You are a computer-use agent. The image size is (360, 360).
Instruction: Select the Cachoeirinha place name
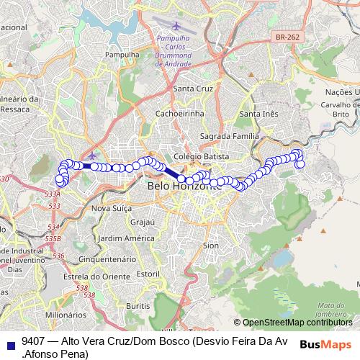click(180, 113)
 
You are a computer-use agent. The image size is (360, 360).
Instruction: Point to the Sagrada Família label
click(229, 136)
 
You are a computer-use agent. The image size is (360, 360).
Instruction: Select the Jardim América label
click(127, 238)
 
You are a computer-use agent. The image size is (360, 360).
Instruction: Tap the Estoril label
click(148, 274)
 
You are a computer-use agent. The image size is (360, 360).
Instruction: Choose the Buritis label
click(138, 306)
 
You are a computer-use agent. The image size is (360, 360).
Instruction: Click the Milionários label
click(66, 315)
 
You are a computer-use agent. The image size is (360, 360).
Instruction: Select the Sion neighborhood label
click(211, 246)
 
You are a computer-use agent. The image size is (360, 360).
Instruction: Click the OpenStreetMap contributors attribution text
click(297, 323)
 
